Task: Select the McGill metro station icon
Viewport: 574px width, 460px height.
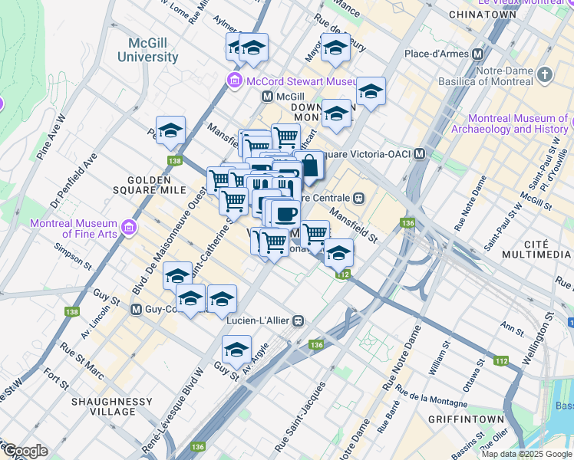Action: click(x=267, y=97)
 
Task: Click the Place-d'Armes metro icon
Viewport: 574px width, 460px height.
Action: click(x=478, y=54)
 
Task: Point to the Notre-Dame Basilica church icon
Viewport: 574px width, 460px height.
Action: click(x=545, y=75)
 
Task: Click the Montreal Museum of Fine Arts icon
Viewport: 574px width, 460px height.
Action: click(x=127, y=228)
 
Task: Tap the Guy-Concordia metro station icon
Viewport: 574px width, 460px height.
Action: click(x=136, y=310)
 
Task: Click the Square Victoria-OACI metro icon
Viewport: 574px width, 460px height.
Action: click(x=419, y=153)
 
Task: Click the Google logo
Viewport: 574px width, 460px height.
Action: click(x=25, y=450)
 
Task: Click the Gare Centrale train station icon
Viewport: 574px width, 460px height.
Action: click(x=358, y=196)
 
